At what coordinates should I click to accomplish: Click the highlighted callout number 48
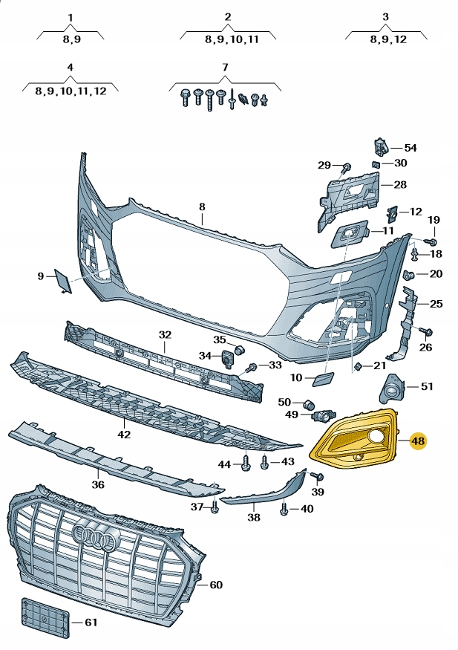pos(418,441)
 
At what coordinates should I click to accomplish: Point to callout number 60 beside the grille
pos(215,585)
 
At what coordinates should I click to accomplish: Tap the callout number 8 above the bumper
pos(201,206)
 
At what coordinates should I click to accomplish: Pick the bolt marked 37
pos(214,508)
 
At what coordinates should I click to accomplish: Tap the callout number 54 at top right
pos(410,148)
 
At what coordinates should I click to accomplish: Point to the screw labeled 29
pos(346,166)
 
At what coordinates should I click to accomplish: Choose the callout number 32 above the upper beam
pos(165,334)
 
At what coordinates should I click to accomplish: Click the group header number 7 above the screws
pos(224,68)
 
